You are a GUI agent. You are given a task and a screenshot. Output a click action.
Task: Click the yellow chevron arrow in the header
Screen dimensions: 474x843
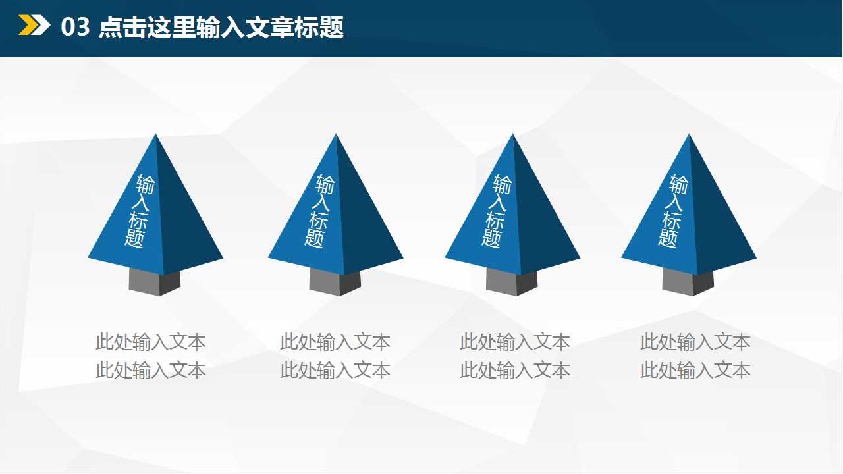click(34, 26)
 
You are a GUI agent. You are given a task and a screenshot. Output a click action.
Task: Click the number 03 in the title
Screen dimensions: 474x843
click(74, 28)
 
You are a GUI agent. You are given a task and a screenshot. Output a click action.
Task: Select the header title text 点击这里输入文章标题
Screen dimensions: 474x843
click(221, 28)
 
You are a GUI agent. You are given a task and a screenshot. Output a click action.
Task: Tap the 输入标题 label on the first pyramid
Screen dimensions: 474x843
click(139, 211)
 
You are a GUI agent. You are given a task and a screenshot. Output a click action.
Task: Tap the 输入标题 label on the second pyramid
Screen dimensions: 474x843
click(319, 211)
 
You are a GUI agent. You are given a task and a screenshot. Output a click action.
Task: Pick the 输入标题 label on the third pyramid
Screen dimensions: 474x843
click(497, 211)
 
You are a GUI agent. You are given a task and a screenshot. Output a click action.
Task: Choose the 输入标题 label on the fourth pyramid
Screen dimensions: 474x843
click(673, 211)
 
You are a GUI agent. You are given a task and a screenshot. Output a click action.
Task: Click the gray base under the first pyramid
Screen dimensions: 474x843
click(154, 282)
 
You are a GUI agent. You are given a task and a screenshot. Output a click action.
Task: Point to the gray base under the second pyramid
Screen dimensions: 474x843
click(335, 282)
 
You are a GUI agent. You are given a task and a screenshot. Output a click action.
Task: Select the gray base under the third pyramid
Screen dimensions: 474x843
click(512, 282)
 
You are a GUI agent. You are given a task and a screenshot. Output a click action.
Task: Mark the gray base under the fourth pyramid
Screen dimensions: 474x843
click(688, 282)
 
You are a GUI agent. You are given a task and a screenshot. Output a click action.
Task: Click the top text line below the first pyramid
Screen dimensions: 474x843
click(151, 342)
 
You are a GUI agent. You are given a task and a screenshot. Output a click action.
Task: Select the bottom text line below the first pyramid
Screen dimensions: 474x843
click(151, 371)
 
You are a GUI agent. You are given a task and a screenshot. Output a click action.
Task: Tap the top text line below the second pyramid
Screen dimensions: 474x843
click(335, 342)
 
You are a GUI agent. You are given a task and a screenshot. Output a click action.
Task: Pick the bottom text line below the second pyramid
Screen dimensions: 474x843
click(335, 371)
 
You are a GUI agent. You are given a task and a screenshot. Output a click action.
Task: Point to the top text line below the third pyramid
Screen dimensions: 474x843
click(515, 342)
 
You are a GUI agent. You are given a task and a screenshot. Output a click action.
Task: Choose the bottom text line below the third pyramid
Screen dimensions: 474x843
click(515, 371)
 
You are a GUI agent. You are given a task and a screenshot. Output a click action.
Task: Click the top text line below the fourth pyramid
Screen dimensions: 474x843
click(695, 342)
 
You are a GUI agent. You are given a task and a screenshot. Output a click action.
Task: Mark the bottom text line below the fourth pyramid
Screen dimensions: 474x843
click(695, 371)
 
